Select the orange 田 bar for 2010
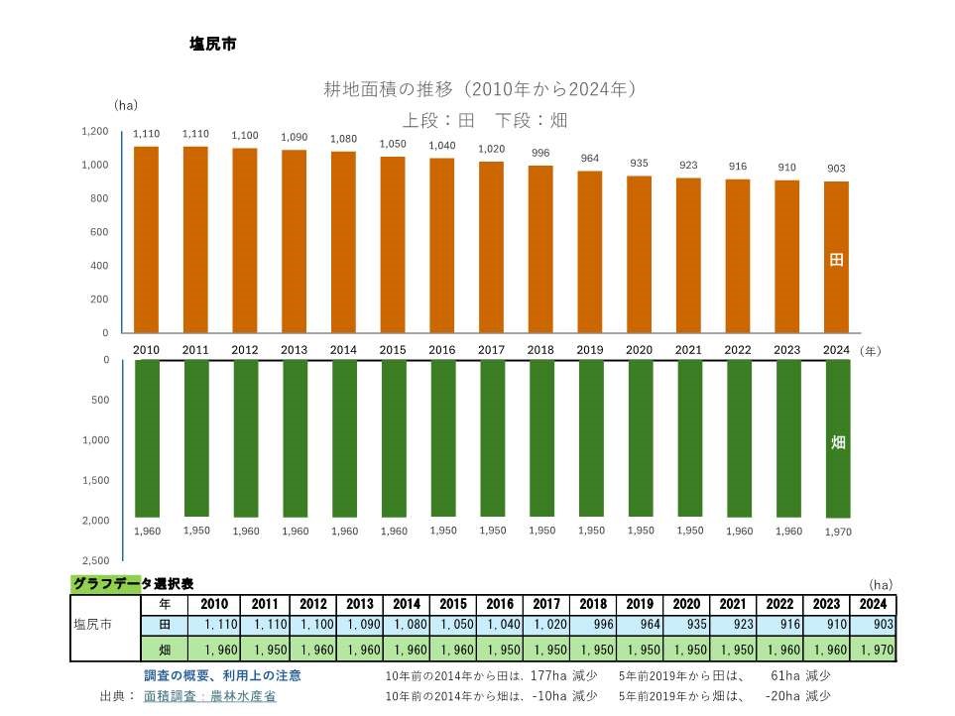[x=147, y=238]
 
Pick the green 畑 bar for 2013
[x=295, y=436]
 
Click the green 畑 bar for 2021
[x=689, y=436]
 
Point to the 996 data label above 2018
[x=540, y=153]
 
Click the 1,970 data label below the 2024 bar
[x=838, y=533]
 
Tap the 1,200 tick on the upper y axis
[x=95, y=131]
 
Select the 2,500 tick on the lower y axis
[x=95, y=560]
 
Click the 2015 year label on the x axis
[x=393, y=350]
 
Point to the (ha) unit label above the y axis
[x=125, y=104]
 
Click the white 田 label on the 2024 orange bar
[x=837, y=260]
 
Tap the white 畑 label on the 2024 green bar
[x=838, y=442]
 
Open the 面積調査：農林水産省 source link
[x=209, y=696]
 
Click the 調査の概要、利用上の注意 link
[x=222, y=675]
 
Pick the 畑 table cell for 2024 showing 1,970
[x=873, y=650]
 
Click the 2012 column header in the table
[x=312, y=604]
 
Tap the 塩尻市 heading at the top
[x=211, y=45]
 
